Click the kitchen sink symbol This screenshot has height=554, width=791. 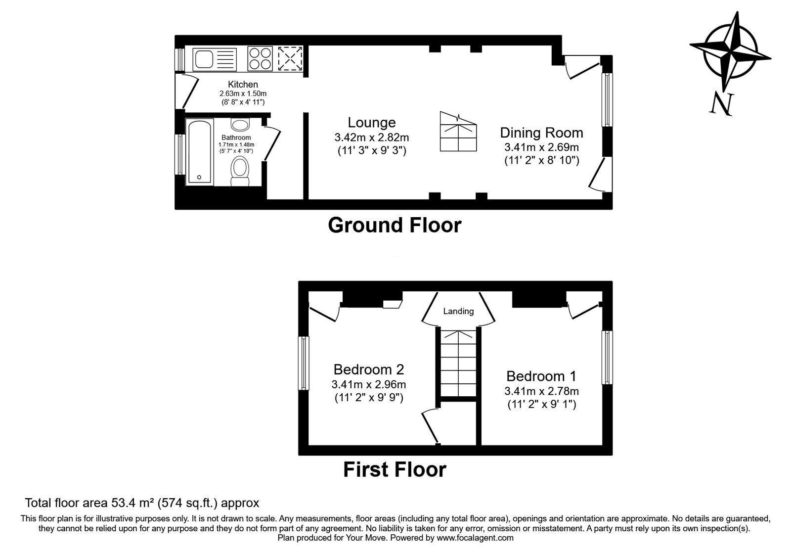215,59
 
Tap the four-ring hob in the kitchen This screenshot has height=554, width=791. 260,58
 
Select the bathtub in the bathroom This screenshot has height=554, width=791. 200,152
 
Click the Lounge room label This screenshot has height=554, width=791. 372,123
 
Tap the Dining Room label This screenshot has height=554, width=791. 541,133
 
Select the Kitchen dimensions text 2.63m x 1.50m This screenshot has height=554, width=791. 243,93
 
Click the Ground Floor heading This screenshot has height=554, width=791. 395,225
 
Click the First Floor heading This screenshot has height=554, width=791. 395,469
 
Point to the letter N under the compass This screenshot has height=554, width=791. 721,104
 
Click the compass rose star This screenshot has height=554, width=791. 730,51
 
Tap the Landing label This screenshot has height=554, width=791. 458,311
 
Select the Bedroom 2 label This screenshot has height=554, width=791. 369,369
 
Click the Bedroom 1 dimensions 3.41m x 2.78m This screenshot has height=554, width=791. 541,391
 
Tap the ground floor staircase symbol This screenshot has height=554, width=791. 459,132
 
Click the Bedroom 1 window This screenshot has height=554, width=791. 607,357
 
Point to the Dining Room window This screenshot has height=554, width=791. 607,100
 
